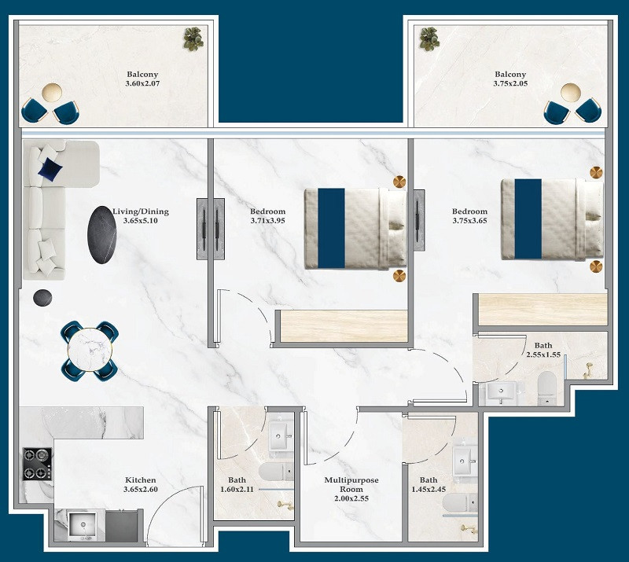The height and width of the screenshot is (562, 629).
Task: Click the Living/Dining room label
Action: coord(141,211)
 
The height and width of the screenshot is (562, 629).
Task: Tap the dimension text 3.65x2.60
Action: coord(141,490)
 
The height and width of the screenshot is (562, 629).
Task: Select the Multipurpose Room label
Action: coord(351,485)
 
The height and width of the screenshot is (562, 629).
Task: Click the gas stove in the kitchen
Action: coord(37,464)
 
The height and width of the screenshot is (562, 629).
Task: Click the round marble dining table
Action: coord(90,351)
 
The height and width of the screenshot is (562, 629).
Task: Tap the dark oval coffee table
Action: coord(102,235)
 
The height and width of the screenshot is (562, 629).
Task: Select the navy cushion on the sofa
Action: coord(50,168)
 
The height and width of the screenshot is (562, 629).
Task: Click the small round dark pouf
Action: coord(42,298)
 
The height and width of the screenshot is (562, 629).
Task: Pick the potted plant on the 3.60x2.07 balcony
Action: coord(193,39)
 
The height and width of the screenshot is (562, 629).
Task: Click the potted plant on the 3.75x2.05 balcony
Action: coord(429,39)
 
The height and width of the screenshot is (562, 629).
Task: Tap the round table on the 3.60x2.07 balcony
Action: coord(52,92)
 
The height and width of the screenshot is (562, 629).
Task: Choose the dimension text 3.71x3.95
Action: coord(267,221)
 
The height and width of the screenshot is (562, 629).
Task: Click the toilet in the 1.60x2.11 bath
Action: coord(276,472)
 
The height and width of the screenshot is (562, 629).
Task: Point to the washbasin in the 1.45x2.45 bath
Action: coord(465,461)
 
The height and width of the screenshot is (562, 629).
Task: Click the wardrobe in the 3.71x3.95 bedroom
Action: coord(344,325)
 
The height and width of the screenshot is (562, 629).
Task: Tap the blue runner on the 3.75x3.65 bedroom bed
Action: coord(528,219)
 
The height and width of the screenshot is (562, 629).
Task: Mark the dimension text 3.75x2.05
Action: coord(510,83)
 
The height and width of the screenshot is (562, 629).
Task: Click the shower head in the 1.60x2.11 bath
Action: coord(285,505)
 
